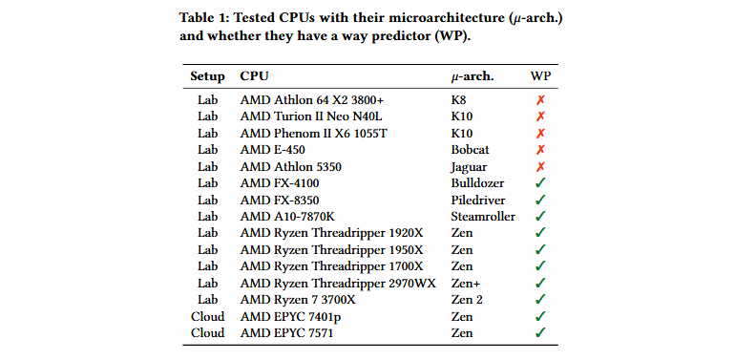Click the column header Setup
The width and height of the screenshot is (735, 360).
[x=207, y=76]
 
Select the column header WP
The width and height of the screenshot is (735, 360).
[x=540, y=76]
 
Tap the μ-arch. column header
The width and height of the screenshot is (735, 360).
[x=472, y=76]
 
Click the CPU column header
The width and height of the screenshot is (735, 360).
[x=254, y=76]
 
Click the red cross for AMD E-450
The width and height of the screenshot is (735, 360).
[x=540, y=149]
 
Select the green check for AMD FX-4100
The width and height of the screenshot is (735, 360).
[x=540, y=182]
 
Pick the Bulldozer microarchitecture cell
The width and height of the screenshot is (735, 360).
[x=477, y=182]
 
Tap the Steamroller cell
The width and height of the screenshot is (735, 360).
[x=483, y=216]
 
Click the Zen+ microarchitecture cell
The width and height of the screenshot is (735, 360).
[x=466, y=283]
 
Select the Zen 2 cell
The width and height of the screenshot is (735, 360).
[x=467, y=300]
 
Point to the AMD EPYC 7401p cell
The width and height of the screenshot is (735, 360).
[x=290, y=316]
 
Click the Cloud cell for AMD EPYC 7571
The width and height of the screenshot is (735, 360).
[x=207, y=333]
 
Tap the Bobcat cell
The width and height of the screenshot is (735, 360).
[x=471, y=149]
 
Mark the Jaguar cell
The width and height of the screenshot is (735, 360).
[x=469, y=166]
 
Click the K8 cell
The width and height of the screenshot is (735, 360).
[x=459, y=99]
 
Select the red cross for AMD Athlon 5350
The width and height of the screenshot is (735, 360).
[x=540, y=166]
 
